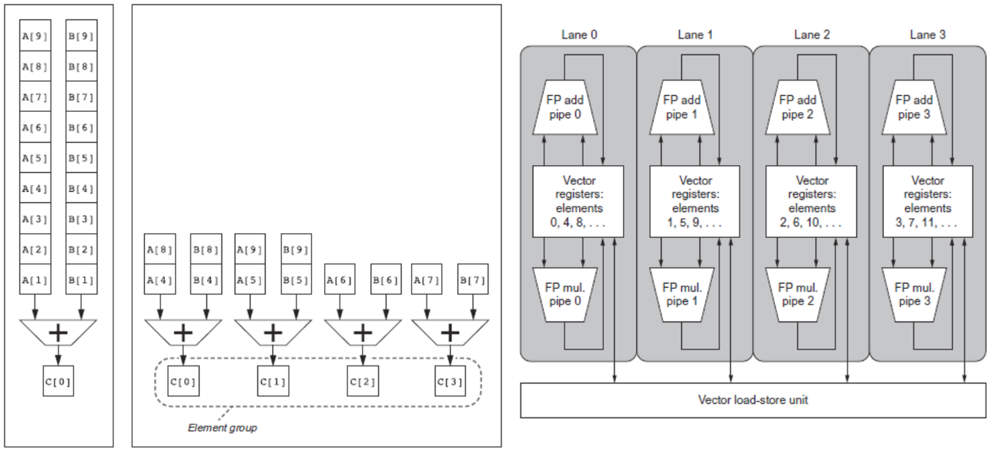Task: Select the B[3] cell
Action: [x=81, y=220]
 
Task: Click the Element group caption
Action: [x=222, y=427]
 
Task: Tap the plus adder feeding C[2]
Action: [x=362, y=332]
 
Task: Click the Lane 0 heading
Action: [x=578, y=34]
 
